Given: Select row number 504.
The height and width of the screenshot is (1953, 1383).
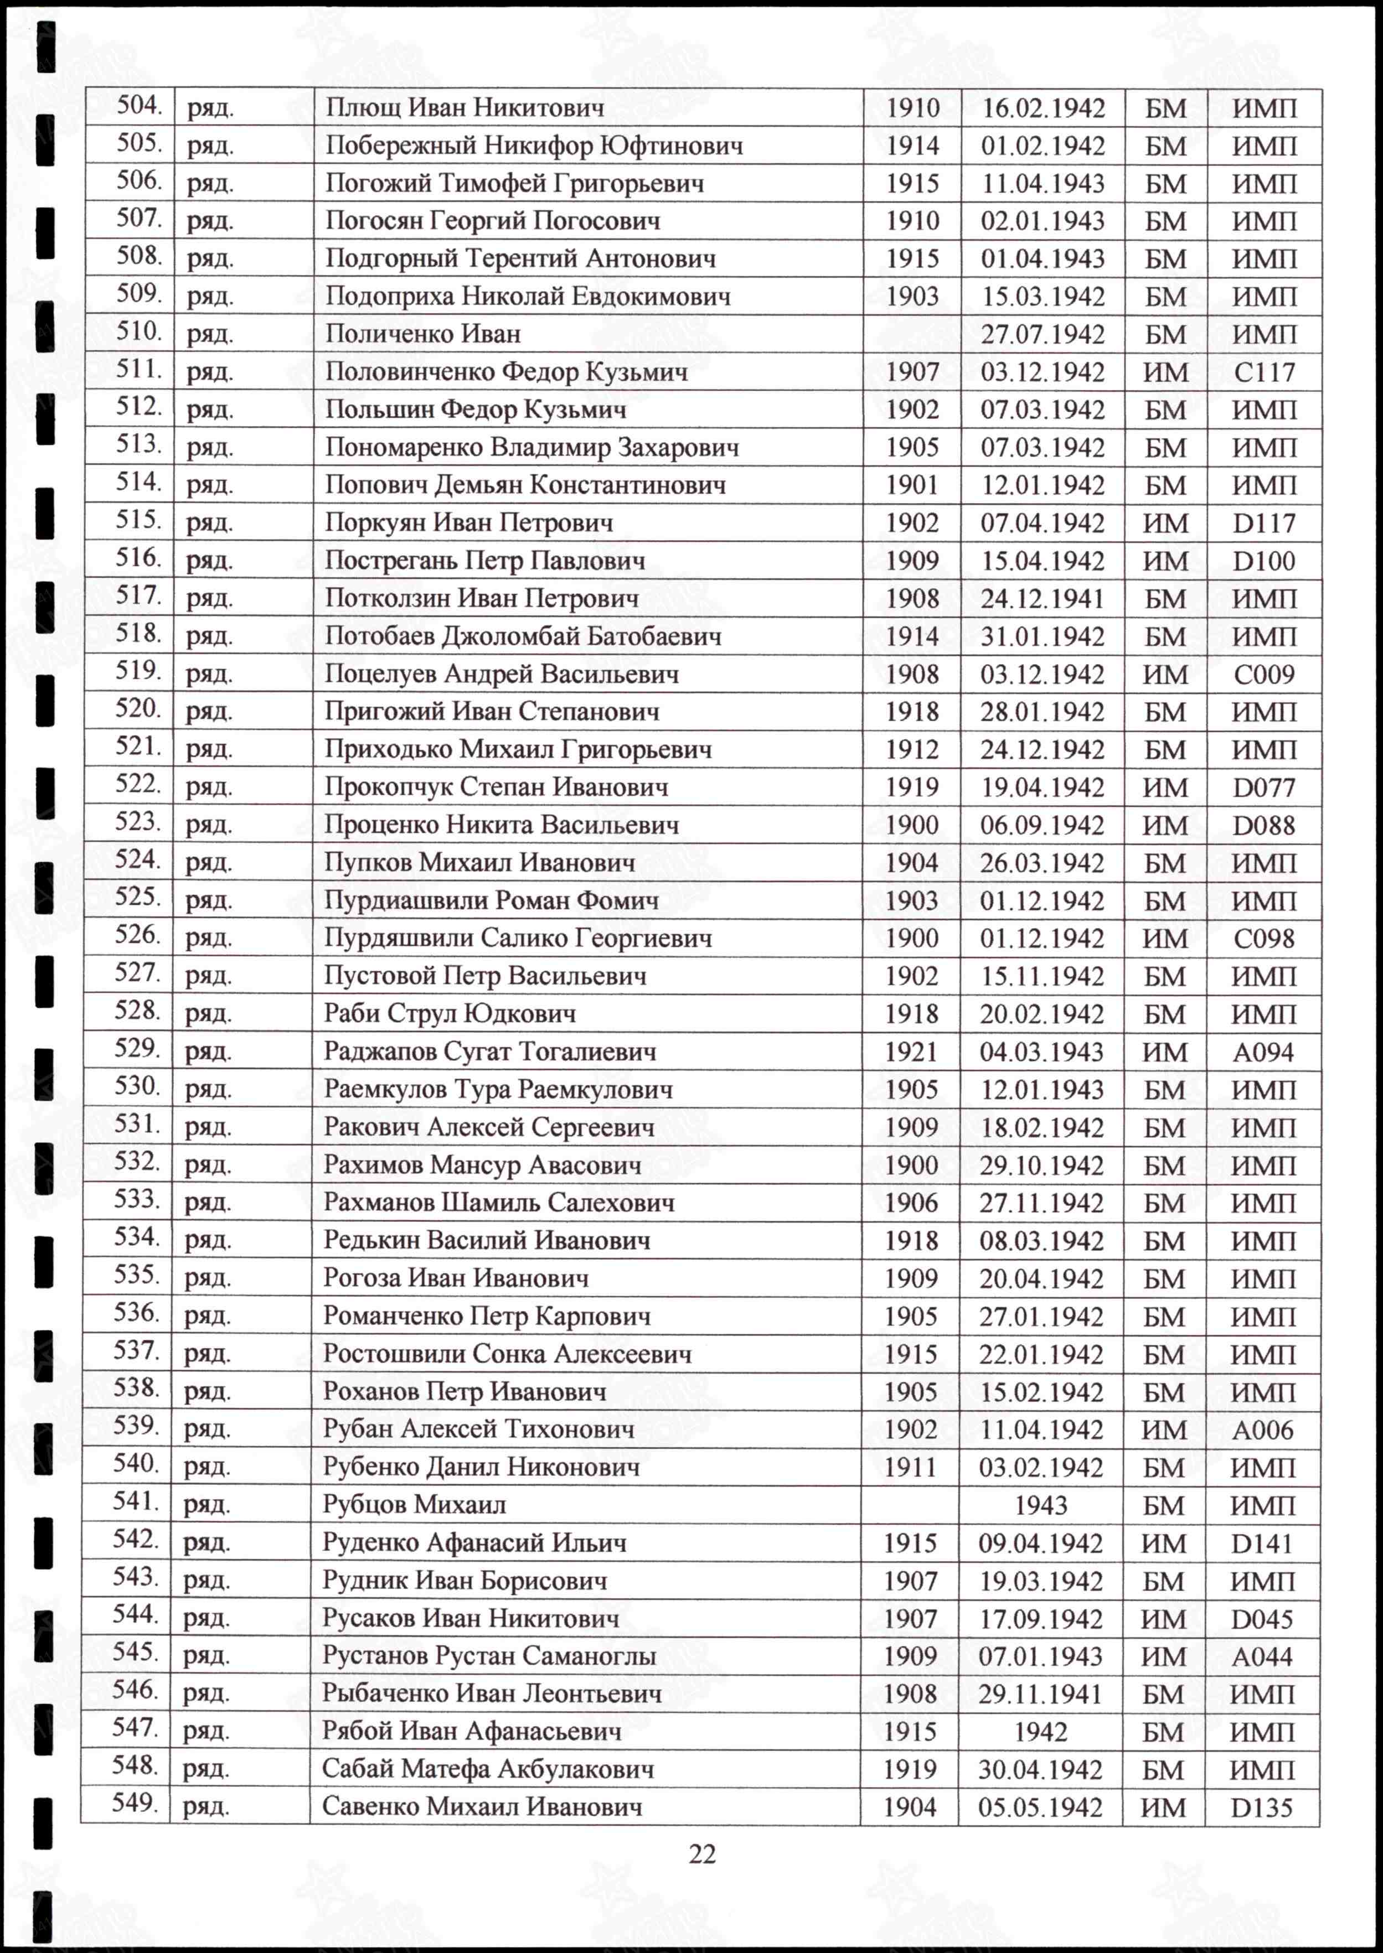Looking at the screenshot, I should [139, 106].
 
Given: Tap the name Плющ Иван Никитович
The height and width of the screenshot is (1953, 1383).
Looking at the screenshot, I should [465, 108].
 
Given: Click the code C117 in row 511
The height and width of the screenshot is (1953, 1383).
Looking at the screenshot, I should [1264, 372].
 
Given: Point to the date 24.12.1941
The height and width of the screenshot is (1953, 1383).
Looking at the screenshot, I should [1043, 598].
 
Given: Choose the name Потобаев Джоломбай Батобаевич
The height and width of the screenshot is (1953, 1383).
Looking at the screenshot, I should [523, 636].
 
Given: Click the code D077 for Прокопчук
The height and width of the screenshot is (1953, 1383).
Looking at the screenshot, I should [1264, 788].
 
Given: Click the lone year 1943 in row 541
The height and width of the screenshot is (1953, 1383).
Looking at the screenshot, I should [1041, 1505].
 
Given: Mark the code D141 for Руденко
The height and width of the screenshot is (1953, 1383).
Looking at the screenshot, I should [1262, 1543].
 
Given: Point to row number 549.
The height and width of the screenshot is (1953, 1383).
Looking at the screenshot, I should [135, 1802].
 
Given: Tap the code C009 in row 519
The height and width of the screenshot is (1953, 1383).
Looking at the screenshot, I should [1264, 674].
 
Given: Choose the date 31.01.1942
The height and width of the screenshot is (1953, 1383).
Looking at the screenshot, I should [1043, 637].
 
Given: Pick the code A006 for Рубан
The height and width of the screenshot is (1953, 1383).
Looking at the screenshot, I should [1262, 1430].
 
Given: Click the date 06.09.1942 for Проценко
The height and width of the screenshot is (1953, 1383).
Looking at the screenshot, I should [1043, 825].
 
